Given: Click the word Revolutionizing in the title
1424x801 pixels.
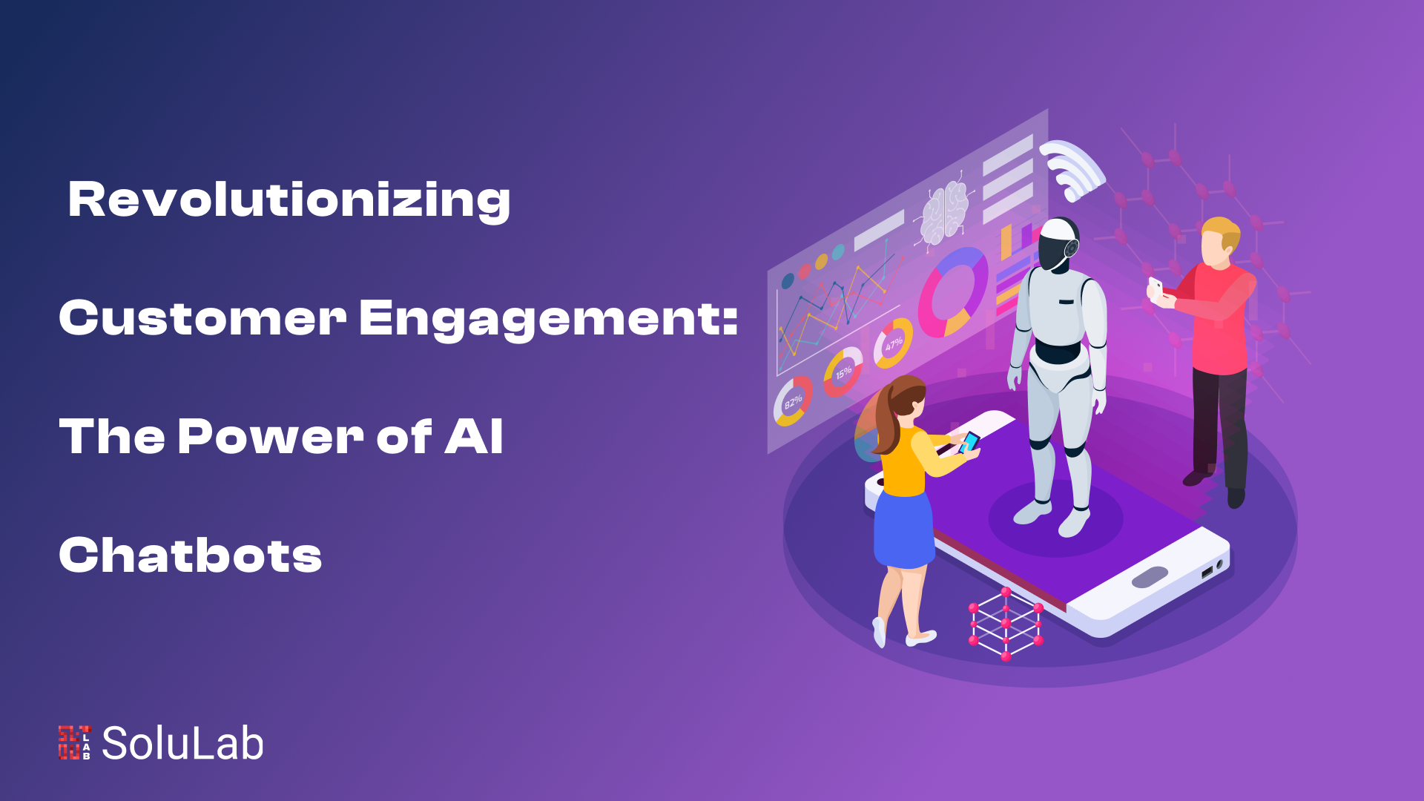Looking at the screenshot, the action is [289, 200].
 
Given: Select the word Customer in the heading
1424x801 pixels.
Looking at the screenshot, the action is [202, 317].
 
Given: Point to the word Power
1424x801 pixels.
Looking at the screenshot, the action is [270, 436].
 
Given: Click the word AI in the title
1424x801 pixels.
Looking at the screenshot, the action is [474, 436].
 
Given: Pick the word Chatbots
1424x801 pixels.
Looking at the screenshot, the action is [191, 555].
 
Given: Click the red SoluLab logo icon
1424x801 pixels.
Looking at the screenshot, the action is [74, 742].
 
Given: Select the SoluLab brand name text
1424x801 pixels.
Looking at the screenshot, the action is [182, 743].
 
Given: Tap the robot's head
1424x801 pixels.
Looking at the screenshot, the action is [1058, 243].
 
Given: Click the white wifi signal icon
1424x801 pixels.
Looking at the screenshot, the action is [1072, 170].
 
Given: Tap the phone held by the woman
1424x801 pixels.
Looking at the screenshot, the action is [969, 443].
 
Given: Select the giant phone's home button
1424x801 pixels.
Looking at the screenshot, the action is [1150, 577].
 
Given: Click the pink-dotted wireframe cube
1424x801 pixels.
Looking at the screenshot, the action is [1006, 624].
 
